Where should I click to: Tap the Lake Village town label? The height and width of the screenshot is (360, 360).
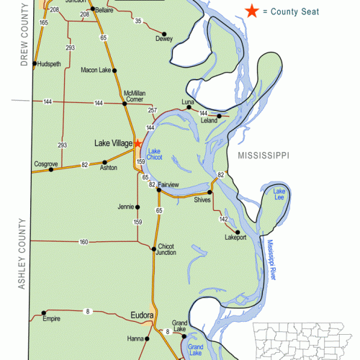coord(114,143)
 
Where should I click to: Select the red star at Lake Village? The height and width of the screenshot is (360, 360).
coord(137,143)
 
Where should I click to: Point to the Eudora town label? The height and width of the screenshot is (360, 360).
coord(143,314)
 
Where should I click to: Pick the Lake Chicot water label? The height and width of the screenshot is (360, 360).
coord(155,153)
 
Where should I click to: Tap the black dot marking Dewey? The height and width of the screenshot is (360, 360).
coord(165,34)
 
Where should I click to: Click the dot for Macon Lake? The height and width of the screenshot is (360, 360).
coord(113,70)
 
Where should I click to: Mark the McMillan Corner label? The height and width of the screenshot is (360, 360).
coord(135,96)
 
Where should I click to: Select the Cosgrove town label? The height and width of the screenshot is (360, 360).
coord(46,164)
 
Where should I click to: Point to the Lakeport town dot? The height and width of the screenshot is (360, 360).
coord(237,232)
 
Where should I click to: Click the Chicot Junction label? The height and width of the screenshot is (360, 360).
coord(166,249)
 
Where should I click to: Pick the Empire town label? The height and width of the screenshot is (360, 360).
coord(51,318)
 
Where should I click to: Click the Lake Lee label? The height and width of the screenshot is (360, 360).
coord(279,194)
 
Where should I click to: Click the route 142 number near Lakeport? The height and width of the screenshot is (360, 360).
coord(223,219)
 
